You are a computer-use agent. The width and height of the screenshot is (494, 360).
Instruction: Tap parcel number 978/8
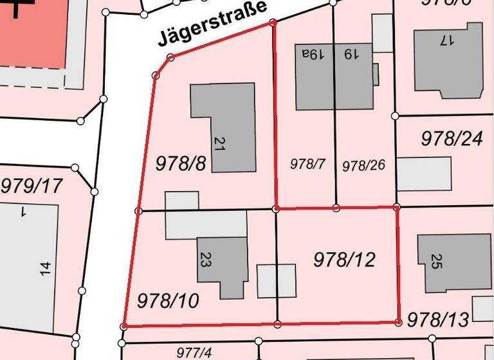(x=181, y=163)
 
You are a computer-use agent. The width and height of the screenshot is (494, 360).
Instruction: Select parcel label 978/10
(x=168, y=300)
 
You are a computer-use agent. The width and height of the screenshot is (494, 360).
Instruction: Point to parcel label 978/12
(x=344, y=260)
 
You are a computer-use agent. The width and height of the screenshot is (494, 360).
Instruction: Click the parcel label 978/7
(x=308, y=164)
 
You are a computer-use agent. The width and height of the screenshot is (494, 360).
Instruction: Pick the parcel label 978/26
(x=363, y=165)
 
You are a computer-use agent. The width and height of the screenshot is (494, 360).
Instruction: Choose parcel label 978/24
(x=451, y=138)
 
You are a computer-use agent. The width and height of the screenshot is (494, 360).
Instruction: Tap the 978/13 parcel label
(x=438, y=319)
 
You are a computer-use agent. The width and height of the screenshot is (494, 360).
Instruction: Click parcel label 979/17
(x=32, y=186)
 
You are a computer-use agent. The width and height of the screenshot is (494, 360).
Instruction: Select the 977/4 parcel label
(x=194, y=352)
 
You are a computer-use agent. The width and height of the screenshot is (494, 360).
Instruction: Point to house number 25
(x=436, y=261)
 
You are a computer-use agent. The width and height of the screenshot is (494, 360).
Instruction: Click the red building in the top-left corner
(x=32, y=32)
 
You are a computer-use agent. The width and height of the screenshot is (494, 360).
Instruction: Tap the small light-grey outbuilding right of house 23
(x=277, y=281)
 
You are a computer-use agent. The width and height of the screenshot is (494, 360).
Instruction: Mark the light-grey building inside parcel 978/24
(x=423, y=174)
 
